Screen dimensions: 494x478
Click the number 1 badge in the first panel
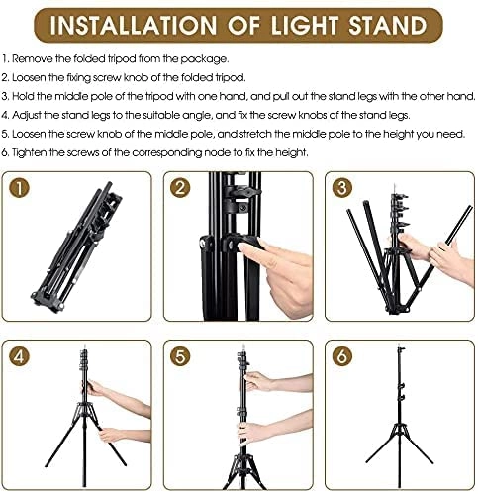(22, 188)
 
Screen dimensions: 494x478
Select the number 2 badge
(182, 188)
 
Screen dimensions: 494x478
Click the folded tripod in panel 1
(84, 247)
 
